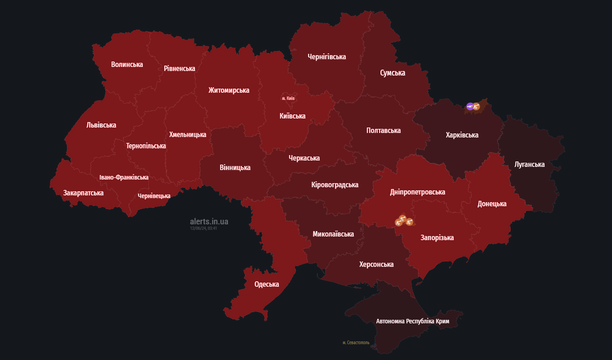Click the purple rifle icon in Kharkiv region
470,106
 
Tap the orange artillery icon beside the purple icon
476,107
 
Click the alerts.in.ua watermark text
209,221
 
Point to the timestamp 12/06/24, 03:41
204,228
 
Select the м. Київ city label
288,98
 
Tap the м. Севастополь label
356,342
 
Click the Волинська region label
127,64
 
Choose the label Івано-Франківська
124,177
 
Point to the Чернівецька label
154,196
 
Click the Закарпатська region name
83,193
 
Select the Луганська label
529,164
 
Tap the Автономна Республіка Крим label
413,321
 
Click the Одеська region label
266,284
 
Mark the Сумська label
392,73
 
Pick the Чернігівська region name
327,57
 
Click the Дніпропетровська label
417,192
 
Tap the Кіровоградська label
335,185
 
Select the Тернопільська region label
146,146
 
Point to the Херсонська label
376,264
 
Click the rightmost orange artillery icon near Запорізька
409,222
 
